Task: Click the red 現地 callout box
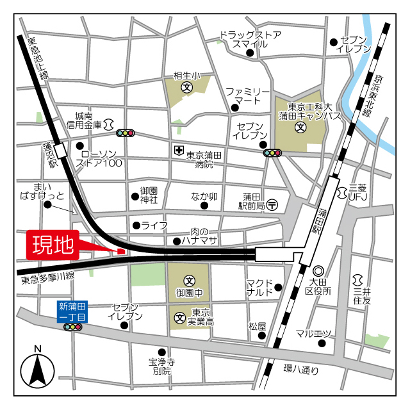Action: click(x=53, y=244)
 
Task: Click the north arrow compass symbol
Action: click(x=38, y=367)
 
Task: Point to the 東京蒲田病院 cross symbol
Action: click(x=177, y=151)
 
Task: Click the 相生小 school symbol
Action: click(x=186, y=86)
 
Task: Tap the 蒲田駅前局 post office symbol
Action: click(x=272, y=206)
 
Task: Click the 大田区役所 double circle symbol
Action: click(x=318, y=272)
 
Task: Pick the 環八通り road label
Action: click(x=301, y=369)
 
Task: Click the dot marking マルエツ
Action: click(x=322, y=343)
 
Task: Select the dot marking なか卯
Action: click(x=204, y=206)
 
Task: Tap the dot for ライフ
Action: click(x=136, y=225)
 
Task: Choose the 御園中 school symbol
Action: click(x=190, y=281)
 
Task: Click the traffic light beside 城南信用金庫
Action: click(x=125, y=133)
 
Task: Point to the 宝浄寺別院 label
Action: click(x=161, y=366)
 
